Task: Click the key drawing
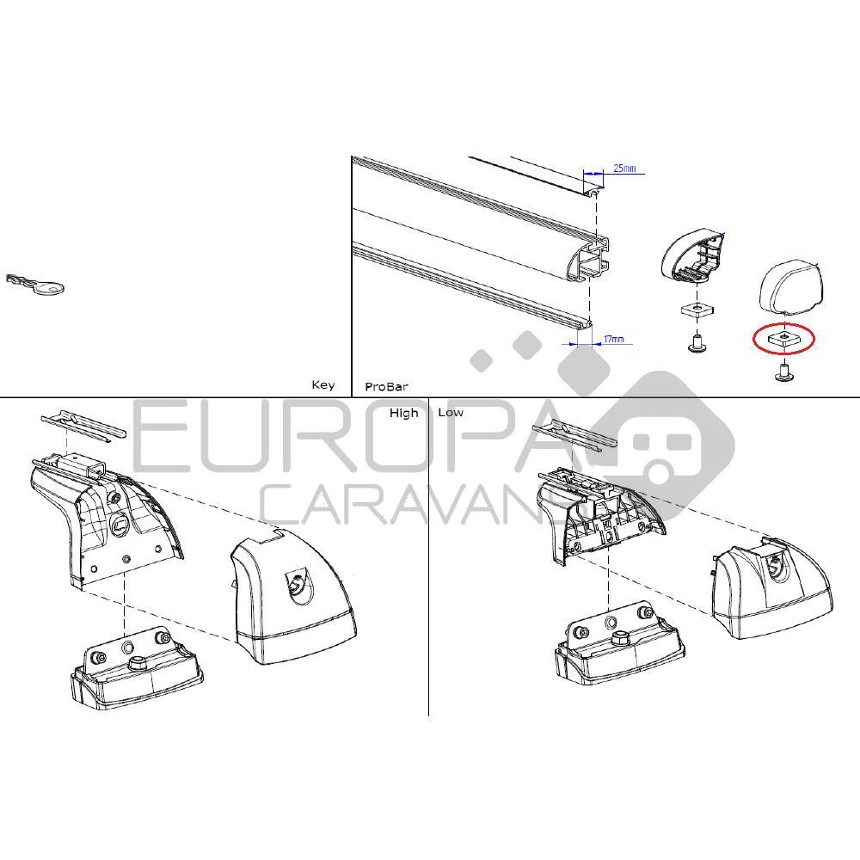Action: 35,285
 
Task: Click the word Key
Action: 322,385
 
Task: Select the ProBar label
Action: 386,387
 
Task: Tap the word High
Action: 403,413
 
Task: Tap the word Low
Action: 451,413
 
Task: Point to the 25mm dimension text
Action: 625,169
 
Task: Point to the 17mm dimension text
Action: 613,340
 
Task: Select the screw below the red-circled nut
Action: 783,372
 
